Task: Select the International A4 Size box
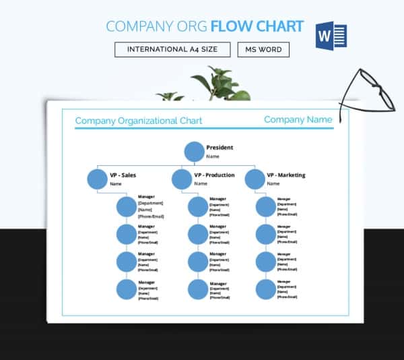172,50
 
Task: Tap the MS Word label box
263,50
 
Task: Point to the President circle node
194,152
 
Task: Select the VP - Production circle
181,179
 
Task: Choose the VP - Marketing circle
255,179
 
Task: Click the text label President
220,147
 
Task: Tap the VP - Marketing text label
285,175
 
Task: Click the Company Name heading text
298,120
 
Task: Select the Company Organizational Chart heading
138,121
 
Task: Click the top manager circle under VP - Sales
126,207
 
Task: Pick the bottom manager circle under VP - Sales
126,289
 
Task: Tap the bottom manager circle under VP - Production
197,289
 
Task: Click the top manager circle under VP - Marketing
266,207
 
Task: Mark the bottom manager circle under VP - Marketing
266,289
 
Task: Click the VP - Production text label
214,175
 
